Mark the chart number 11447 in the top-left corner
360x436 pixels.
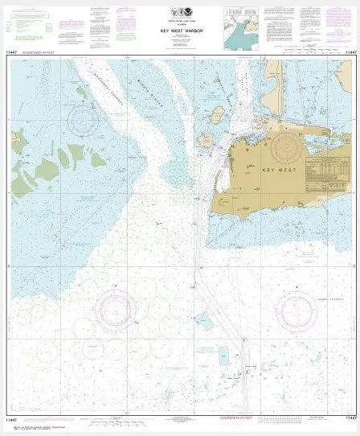[x=11, y=53]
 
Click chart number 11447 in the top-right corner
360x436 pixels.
[x=350, y=53]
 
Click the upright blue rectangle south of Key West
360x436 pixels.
[x=223, y=355]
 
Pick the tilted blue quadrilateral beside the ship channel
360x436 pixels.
[x=204, y=322]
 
